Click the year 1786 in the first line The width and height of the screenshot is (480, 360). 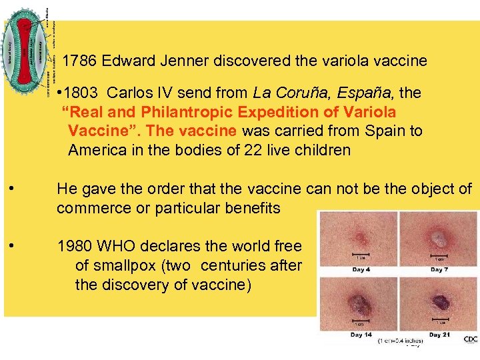[x=77, y=61]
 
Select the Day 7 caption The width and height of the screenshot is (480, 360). [x=438, y=269]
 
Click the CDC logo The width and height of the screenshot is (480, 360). [x=471, y=339]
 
